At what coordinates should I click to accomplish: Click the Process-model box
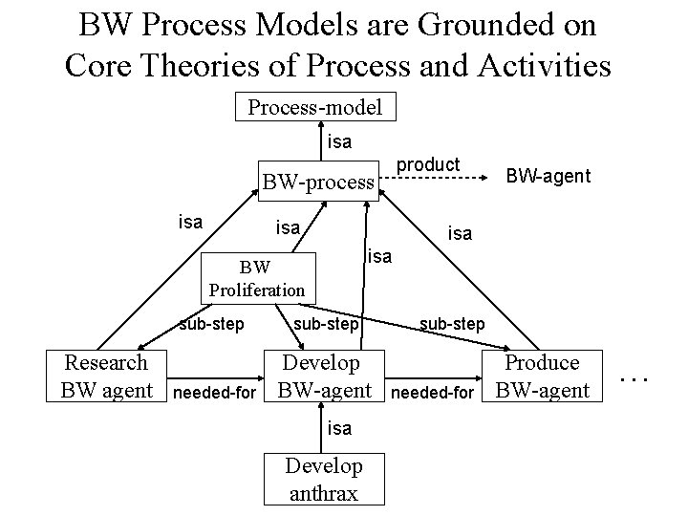point(315,107)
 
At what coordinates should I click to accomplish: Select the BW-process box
point(318,181)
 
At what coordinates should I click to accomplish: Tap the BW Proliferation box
point(256,278)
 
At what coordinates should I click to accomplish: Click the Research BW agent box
point(106,376)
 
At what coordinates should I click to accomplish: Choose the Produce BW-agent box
point(542,376)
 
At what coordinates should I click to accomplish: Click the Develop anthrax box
point(324,479)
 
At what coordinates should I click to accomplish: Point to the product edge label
point(428,164)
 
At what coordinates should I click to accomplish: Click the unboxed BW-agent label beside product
point(548,176)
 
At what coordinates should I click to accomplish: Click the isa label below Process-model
point(339,142)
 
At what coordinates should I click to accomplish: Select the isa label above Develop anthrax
point(339,428)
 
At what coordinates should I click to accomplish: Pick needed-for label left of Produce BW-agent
point(433,393)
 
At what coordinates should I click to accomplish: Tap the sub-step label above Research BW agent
point(211,324)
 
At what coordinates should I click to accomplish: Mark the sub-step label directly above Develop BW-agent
point(326,324)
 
